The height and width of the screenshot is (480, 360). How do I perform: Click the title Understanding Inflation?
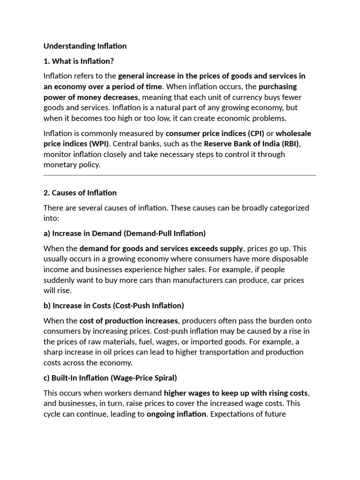pyautogui.click(x=85, y=46)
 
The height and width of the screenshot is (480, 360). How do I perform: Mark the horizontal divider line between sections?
pyautogui.click(x=180, y=175)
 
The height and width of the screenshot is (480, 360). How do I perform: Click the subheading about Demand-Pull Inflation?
pyautogui.click(x=124, y=233)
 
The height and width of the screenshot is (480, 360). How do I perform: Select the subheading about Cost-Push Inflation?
pyautogui.click(x=113, y=306)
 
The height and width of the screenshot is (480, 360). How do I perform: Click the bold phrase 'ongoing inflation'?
pyautogui.click(x=176, y=414)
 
